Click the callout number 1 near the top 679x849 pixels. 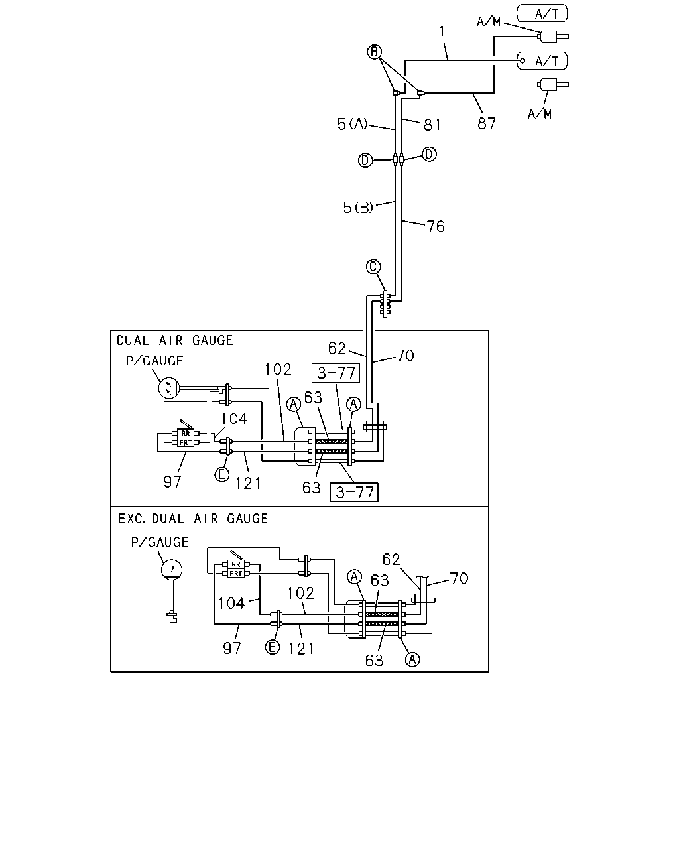(442, 32)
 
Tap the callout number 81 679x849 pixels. (432, 125)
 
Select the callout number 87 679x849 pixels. (486, 123)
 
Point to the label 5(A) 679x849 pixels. (352, 124)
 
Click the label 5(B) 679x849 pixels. (358, 207)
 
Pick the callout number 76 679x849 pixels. (436, 226)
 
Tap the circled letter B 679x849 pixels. (374, 52)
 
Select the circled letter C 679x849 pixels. (373, 267)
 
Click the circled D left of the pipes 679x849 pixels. (365, 160)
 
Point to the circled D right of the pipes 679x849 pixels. (429, 154)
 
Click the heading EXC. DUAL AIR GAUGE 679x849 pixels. (193, 519)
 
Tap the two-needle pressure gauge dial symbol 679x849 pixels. (169, 388)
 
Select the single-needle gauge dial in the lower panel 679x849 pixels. (172, 569)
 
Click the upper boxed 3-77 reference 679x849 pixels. (336, 373)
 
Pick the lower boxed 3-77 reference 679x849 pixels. (354, 492)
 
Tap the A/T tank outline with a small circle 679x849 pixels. (542, 61)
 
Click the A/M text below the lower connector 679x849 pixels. (539, 114)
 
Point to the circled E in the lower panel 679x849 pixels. (273, 647)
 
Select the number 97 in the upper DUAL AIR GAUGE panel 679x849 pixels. (172, 482)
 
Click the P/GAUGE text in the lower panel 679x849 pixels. (160, 542)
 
